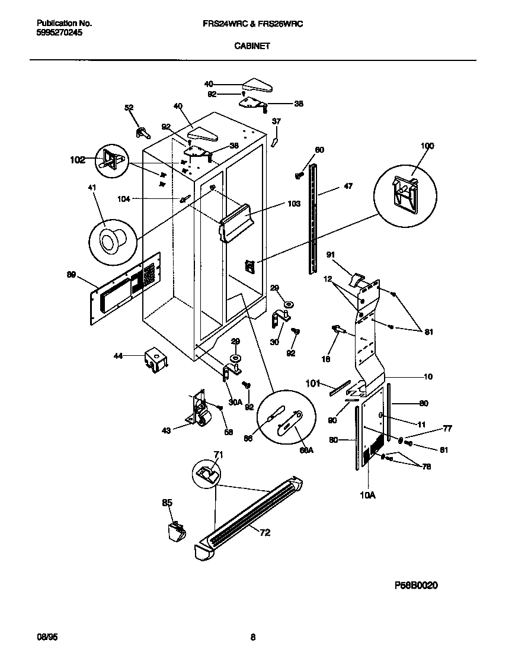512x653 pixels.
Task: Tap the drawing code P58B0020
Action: point(416,585)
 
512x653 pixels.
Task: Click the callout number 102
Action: point(77,159)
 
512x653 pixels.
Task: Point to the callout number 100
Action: point(427,146)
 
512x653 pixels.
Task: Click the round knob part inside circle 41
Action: point(110,242)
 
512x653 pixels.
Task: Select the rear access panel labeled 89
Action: point(126,288)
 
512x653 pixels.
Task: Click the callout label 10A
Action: point(368,495)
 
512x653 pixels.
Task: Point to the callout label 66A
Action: point(306,451)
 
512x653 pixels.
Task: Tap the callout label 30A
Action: point(235,402)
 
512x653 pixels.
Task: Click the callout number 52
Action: point(129,107)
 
